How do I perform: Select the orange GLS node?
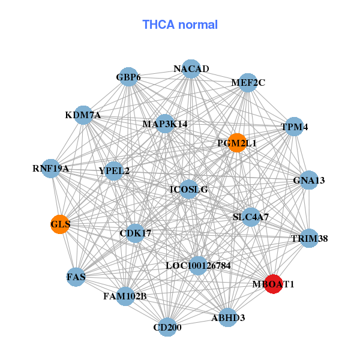[60, 224]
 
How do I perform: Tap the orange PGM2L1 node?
[236, 143]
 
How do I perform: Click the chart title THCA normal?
[180, 25]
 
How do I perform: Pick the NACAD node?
[191, 69]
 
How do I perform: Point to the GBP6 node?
[128, 77]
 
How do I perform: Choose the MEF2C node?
[248, 83]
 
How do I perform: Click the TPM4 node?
[293, 127]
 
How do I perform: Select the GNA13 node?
[308, 180]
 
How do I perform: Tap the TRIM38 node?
[309, 238]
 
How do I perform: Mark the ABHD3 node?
[227, 317]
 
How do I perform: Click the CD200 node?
[167, 327]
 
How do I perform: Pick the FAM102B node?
[125, 296]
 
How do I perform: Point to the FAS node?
[76, 277]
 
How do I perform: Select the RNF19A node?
[52, 168]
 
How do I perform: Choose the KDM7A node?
[83, 115]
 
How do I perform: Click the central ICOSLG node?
[188, 190]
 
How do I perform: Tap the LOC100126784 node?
[198, 265]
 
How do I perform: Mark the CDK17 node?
[136, 233]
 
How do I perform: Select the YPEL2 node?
[114, 171]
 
